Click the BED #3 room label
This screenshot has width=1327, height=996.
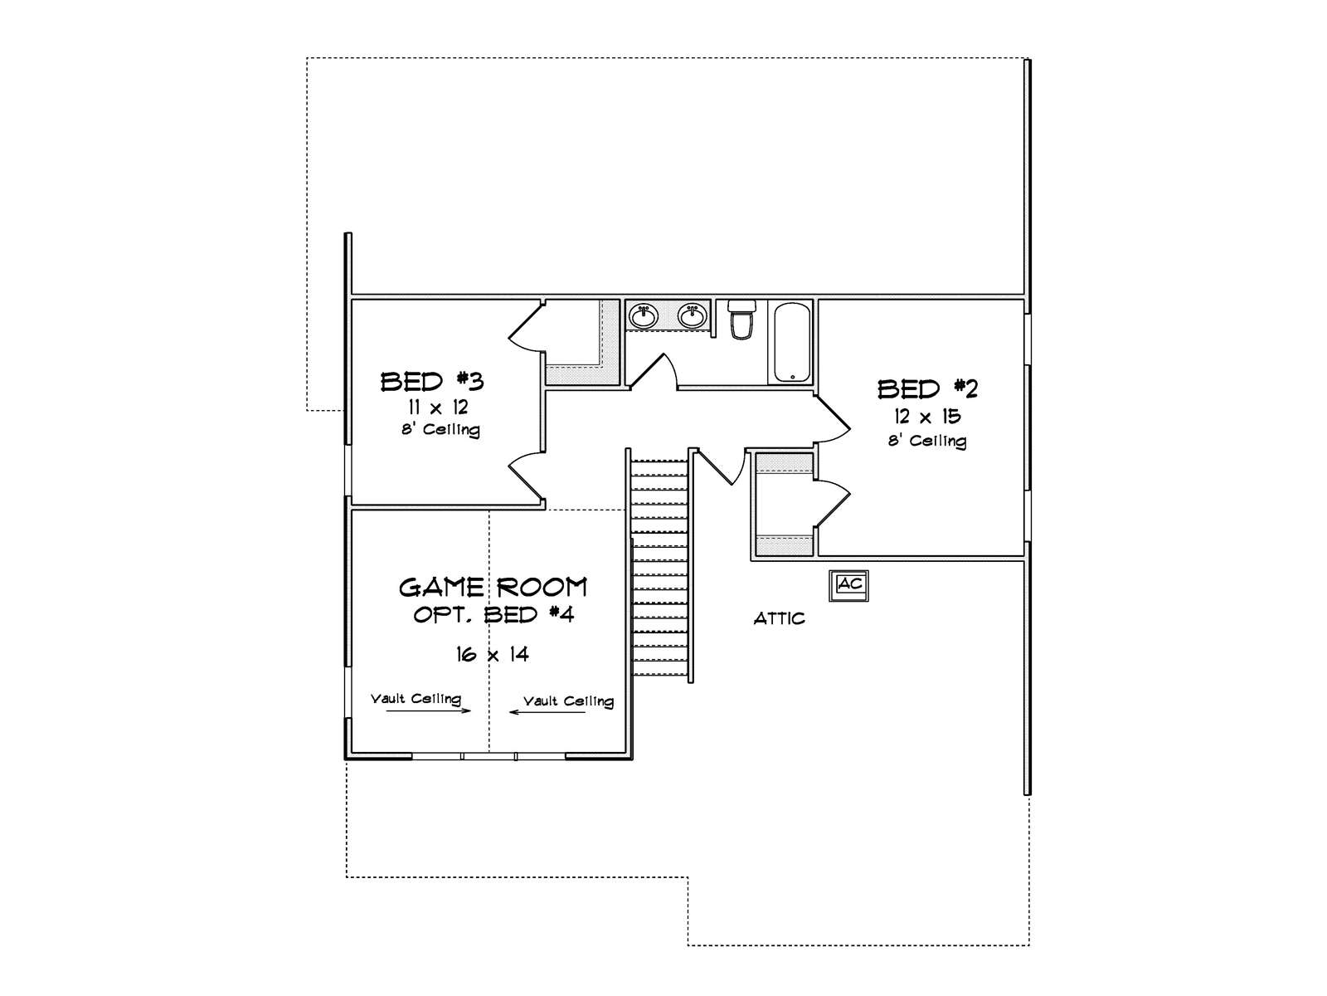click(x=432, y=382)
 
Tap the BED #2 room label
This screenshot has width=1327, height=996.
click(x=928, y=388)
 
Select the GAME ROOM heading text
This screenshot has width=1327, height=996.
click(x=493, y=588)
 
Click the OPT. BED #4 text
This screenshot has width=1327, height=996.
click(x=493, y=615)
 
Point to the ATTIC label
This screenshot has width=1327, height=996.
click(x=779, y=618)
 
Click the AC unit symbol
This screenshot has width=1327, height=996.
click(x=849, y=584)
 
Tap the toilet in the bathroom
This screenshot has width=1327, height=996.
click(x=741, y=320)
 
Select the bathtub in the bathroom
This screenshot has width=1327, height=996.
click(x=792, y=342)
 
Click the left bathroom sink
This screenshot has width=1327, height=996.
click(x=643, y=315)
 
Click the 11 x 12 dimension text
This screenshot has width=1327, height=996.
click(x=437, y=408)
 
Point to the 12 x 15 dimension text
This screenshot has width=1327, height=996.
click(x=927, y=417)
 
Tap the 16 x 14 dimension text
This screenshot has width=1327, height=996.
click(x=493, y=655)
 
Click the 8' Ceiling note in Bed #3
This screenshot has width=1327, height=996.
click(x=440, y=430)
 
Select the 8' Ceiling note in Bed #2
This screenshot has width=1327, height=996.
click(x=927, y=441)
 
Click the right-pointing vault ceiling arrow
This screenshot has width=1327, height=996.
click(x=428, y=710)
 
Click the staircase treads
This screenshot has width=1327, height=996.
click(x=660, y=573)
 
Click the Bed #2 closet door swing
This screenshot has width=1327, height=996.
click(x=834, y=498)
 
